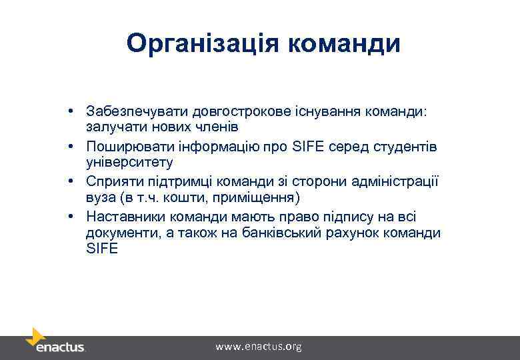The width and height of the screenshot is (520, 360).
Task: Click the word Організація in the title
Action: [203, 43]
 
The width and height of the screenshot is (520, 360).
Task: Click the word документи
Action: [119, 234]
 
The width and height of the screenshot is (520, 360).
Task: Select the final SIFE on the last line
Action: [101, 249]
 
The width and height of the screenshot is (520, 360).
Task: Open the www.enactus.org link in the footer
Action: [259, 347]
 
